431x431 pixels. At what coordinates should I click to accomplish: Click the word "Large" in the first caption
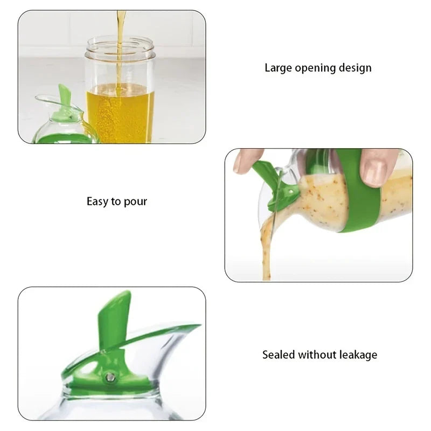point(278,68)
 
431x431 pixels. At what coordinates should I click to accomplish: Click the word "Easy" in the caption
point(98,201)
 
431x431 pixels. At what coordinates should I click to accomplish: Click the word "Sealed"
point(279,354)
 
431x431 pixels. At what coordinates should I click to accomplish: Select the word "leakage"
point(358,355)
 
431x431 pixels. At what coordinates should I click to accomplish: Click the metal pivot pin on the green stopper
point(110,378)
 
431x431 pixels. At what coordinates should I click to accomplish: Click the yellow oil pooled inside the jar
point(120,113)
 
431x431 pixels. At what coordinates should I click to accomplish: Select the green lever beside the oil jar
point(65,99)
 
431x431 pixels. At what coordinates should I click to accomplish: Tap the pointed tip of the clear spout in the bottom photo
point(200,325)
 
